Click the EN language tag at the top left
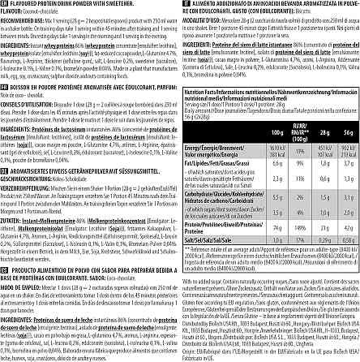pyautogui.click(x=4, y=4)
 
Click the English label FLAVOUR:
pyautogui.click(x=11, y=11)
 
